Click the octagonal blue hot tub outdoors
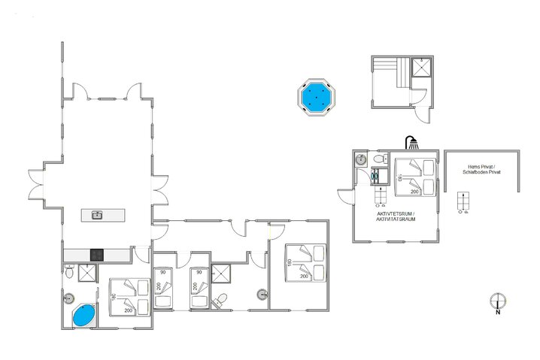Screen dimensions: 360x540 (x=315, y=98)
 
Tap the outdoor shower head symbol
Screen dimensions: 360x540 (x=411, y=141)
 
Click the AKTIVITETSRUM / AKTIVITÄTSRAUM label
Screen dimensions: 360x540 (x=396, y=216)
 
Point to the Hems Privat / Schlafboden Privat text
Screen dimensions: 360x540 (x=484, y=171)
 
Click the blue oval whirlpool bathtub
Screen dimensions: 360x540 (x=83, y=315)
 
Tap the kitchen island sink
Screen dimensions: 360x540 (x=97, y=215)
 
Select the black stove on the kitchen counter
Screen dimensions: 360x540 (x=96, y=254)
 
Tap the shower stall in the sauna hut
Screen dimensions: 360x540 (x=423, y=68)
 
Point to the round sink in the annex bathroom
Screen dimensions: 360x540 (x=361, y=159)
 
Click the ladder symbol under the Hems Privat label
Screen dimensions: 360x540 (x=463, y=201)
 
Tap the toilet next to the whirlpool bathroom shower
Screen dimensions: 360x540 (x=69, y=274)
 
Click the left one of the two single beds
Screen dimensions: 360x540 (x=163, y=288)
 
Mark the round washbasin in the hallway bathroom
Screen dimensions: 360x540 (x=262, y=294)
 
